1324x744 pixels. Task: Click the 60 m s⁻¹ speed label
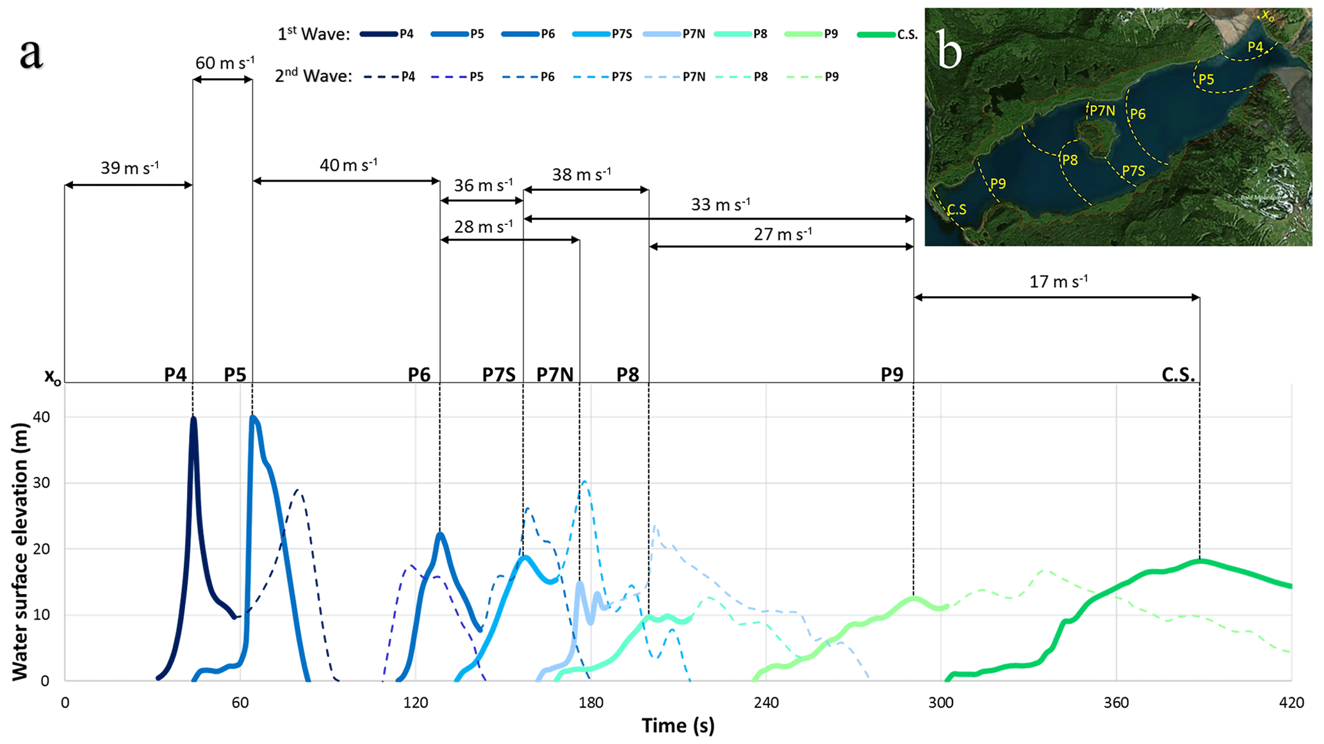pyautogui.click(x=224, y=63)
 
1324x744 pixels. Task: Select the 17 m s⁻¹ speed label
pyautogui.click(x=1058, y=281)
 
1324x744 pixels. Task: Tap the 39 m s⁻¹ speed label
pyautogui.click(x=129, y=168)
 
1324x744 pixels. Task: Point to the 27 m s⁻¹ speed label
pyautogui.click(x=783, y=234)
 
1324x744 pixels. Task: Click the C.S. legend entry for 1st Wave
pyautogui.click(x=888, y=35)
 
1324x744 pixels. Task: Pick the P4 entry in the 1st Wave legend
pyautogui.click(x=388, y=34)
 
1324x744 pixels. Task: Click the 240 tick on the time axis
pyautogui.click(x=766, y=703)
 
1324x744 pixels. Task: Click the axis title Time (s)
pyautogui.click(x=678, y=725)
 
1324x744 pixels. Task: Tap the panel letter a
pyautogui.click(x=31, y=54)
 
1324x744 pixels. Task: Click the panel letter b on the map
pyautogui.click(x=949, y=50)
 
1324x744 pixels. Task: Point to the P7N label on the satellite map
pyautogui.click(x=1102, y=111)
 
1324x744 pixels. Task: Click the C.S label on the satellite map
pyautogui.click(x=956, y=210)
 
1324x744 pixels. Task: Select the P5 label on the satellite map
pyautogui.click(x=1206, y=79)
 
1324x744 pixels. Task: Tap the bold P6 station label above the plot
pyautogui.click(x=419, y=374)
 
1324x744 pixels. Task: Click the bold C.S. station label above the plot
pyautogui.click(x=1178, y=374)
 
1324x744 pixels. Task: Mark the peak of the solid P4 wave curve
pyautogui.click(x=193, y=418)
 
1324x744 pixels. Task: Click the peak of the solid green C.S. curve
pyautogui.click(x=1199, y=561)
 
